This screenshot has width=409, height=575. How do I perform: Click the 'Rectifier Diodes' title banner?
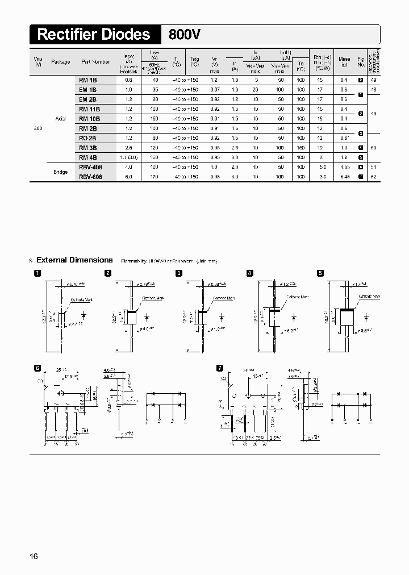[94, 35]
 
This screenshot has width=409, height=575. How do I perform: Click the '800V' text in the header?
[185, 35]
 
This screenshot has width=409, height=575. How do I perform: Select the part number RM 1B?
[87, 80]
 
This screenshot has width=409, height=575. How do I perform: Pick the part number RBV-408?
[90, 167]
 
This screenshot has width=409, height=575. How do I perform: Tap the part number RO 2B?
[88, 138]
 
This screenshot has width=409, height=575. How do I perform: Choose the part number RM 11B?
[90, 109]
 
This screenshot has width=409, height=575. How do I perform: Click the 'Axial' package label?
[61, 119]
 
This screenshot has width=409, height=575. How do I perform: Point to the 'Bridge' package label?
[61, 172]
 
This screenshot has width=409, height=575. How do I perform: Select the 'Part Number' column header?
[95, 62]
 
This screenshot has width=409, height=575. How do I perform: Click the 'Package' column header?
[61, 62]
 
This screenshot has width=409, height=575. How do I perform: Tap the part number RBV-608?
[90, 177]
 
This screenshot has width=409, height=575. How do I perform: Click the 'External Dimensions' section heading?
[74, 260]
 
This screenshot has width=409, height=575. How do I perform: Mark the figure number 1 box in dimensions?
[37, 273]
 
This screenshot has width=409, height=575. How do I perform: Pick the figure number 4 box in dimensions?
[249, 273]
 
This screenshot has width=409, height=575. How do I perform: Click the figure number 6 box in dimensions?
[37, 368]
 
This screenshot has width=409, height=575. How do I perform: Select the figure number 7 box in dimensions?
[220, 368]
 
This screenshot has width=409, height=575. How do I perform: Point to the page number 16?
[34, 556]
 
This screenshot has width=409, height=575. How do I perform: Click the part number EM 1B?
[87, 90]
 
